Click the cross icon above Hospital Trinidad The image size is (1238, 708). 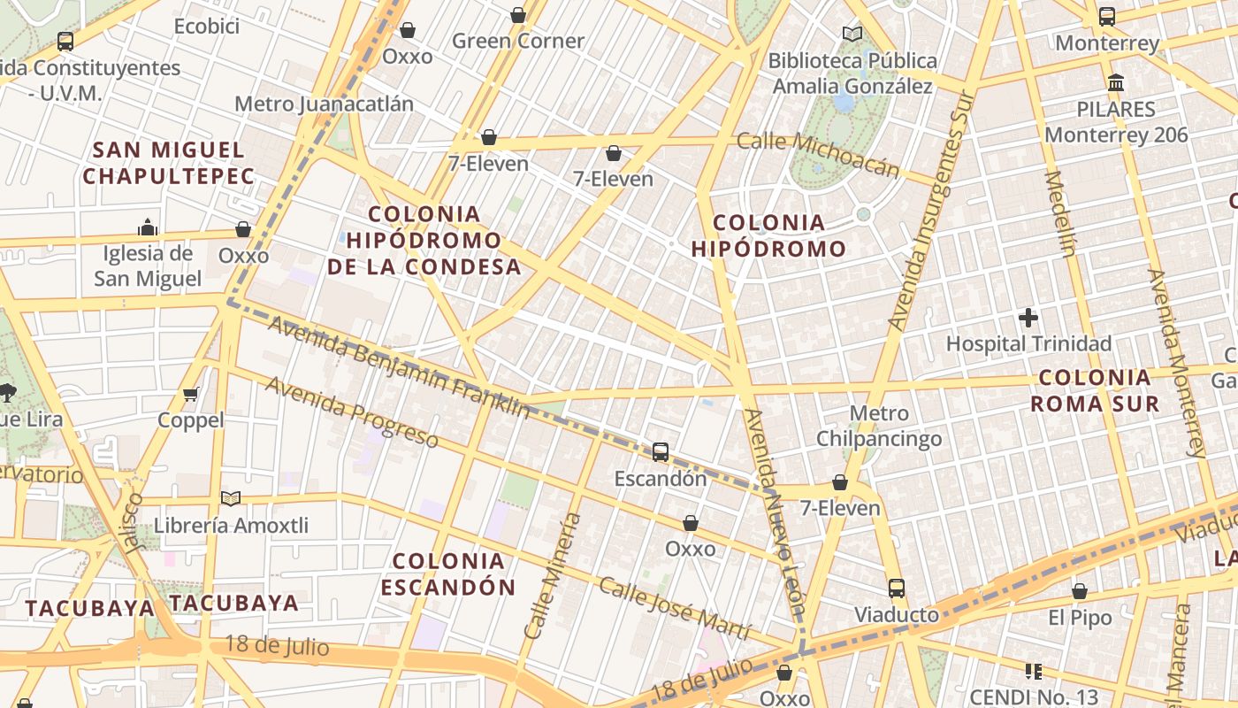pos(1028,317)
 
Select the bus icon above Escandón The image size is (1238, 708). pos(661,452)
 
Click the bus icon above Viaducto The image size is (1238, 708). pos(897,589)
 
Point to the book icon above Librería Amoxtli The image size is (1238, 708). pos(231,499)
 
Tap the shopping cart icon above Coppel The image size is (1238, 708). pos(190,394)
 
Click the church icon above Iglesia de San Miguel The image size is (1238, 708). pos(148,227)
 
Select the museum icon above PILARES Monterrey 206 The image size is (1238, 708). pos(1116,83)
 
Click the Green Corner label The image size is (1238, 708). pos(518,41)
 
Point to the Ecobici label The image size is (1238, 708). pos(207,27)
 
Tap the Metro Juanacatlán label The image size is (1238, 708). pos(324,104)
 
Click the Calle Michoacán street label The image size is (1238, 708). pos(818,154)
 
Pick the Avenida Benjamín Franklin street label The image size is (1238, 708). pos(399,366)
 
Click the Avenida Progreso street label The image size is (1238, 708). pos(351,412)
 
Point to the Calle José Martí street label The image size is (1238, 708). pos(674,609)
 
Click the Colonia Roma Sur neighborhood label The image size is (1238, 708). pos(1095,391)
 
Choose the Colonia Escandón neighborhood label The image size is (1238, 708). pos(448,573)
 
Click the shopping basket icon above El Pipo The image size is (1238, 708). pos(1080,591)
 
